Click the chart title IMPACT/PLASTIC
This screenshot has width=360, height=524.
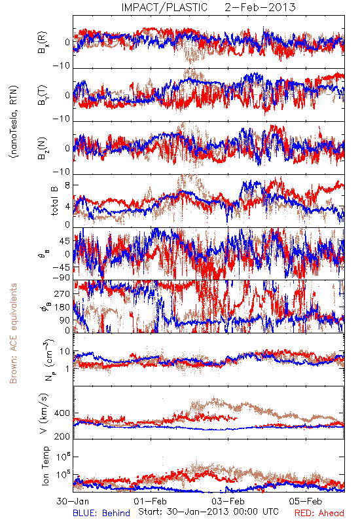[164, 7]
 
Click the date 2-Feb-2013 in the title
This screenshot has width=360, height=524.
[260, 7]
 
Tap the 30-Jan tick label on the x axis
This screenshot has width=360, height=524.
[73, 501]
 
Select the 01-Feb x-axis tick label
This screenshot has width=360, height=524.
[151, 501]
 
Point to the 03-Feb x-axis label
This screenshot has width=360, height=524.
[228, 501]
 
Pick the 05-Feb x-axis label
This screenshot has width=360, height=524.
[306, 501]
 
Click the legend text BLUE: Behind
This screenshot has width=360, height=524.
[101, 513]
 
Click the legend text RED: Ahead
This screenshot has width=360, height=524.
[319, 513]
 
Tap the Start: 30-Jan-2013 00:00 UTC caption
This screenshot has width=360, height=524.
[208, 512]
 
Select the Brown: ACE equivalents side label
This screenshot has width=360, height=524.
[13, 333]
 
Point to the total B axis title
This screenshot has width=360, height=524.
[54, 201]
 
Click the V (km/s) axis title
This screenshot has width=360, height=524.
[44, 414]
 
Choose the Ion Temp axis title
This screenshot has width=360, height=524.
[45, 466]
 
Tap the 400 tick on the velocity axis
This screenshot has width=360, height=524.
[62, 413]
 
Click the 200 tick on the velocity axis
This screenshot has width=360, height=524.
[62, 436]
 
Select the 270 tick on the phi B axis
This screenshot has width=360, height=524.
[62, 293]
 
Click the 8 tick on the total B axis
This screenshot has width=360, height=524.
[67, 185]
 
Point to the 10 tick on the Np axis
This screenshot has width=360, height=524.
[65, 352]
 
